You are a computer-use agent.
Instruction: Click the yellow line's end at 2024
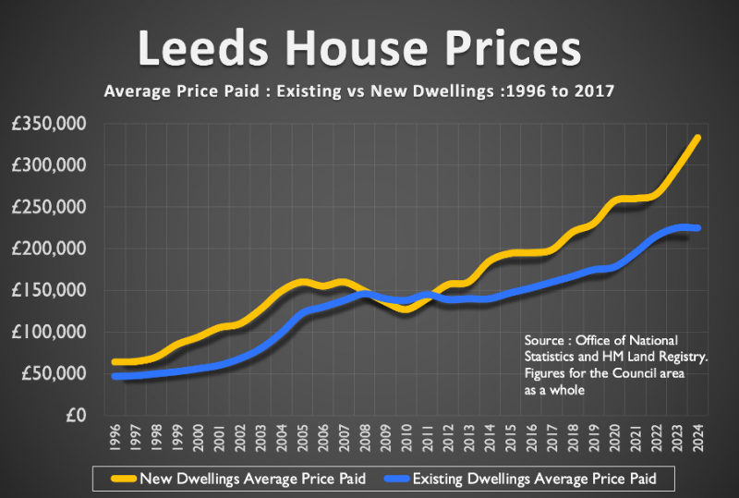(x=697, y=138)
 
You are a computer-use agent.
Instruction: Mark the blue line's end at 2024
(x=697, y=228)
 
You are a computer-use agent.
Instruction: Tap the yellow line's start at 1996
(x=115, y=361)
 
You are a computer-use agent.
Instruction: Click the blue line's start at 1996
(x=115, y=376)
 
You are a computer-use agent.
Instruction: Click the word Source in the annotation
(x=542, y=340)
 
